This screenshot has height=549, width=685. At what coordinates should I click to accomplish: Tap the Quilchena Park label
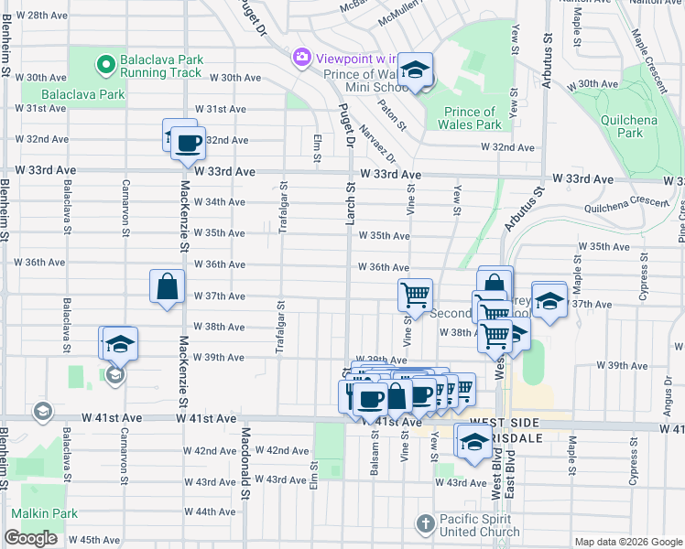point(629,126)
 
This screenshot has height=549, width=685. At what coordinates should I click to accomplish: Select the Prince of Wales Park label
point(473,118)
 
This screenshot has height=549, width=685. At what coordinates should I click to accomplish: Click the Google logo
point(30,538)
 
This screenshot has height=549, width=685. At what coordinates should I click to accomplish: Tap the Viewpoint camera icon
point(301,58)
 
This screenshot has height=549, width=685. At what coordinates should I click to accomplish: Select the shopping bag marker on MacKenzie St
point(169,286)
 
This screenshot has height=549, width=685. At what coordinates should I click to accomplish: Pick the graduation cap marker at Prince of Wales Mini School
point(416,70)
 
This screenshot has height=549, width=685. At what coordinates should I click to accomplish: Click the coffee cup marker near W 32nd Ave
point(189,143)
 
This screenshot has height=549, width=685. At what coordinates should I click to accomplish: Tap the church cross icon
point(425,524)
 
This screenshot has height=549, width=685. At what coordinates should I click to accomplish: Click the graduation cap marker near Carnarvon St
point(120,344)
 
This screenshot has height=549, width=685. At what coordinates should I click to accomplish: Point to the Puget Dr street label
point(346,126)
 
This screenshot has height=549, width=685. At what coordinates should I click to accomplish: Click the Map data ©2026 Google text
point(627,542)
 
